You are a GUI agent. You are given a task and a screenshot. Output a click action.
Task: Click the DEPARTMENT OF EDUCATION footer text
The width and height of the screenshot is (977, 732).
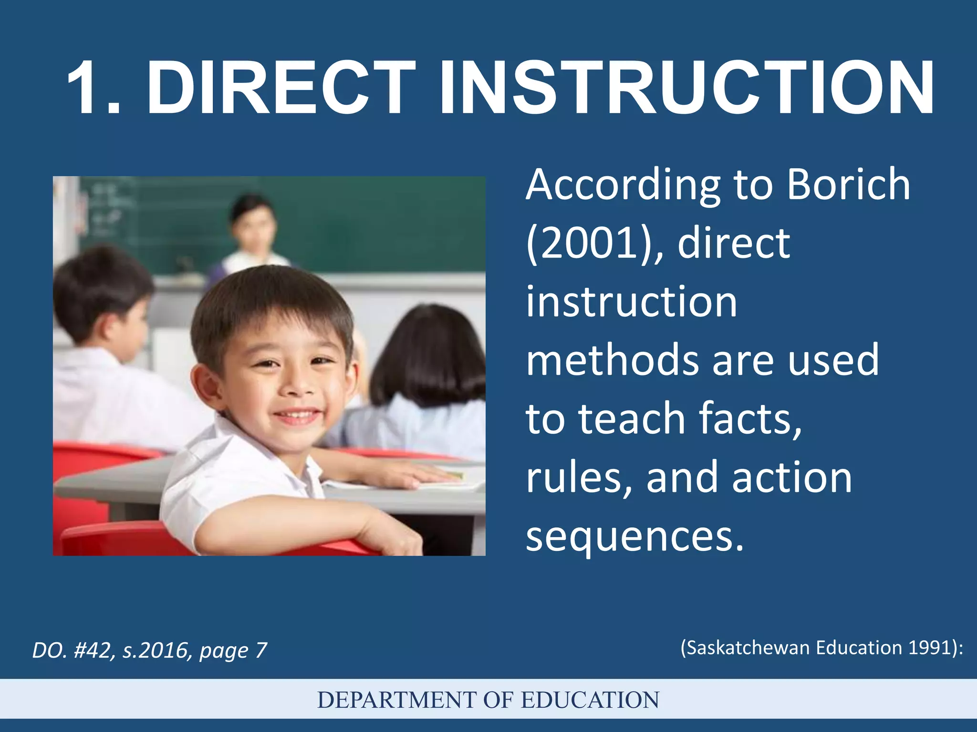[488, 700]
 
